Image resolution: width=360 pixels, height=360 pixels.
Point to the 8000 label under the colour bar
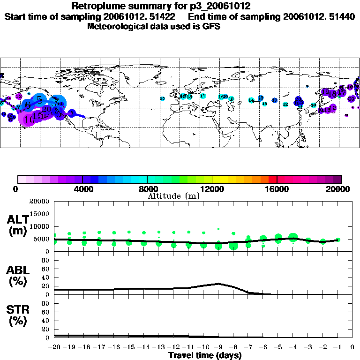point(147,189)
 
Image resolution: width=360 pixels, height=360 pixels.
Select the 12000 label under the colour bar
point(212,189)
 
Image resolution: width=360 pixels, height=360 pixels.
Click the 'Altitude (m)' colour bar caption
point(174,196)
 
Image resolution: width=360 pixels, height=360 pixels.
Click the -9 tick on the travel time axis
point(218,347)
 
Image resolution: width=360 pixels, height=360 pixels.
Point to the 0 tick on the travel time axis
point(352,347)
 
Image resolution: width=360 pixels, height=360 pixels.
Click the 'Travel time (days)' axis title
point(205,355)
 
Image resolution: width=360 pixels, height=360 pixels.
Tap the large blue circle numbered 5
point(40,99)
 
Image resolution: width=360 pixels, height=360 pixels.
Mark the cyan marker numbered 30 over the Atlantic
point(162,98)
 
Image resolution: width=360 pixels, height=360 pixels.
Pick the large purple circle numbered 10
point(28,120)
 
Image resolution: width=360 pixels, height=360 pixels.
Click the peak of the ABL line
point(218,283)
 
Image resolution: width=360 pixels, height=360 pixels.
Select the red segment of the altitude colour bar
point(273,179)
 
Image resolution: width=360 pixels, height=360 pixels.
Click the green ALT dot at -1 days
point(338,240)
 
